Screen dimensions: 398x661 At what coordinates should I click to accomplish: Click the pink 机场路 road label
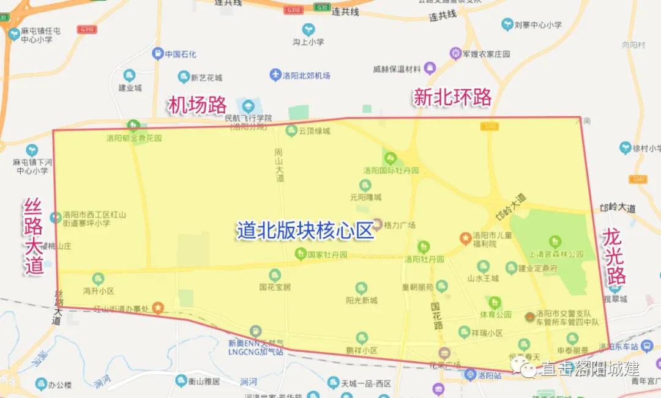(x=198, y=105)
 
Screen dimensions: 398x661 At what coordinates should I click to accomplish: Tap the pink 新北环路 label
(x=452, y=97)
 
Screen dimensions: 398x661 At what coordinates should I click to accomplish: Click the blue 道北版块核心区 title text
(x=305, y=230)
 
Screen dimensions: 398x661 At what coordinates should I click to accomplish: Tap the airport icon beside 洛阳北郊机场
(x=275, y=75)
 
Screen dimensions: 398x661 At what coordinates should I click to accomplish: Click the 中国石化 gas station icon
(x=158, y=54)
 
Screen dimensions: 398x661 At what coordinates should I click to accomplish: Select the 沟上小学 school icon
(x=308, y=29)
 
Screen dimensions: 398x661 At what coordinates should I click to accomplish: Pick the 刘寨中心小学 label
(x=538, y=25)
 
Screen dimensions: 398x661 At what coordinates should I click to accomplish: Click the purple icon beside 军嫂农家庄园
(x=455, y=54)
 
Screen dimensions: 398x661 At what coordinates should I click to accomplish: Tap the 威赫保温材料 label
(x=397, y=68)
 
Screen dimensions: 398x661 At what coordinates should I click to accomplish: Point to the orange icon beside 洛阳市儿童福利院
(x=465, y=236)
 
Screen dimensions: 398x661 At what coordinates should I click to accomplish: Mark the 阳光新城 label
(x=361, y=300)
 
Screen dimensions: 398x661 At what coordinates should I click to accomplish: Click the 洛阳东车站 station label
(x=619, y=347)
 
